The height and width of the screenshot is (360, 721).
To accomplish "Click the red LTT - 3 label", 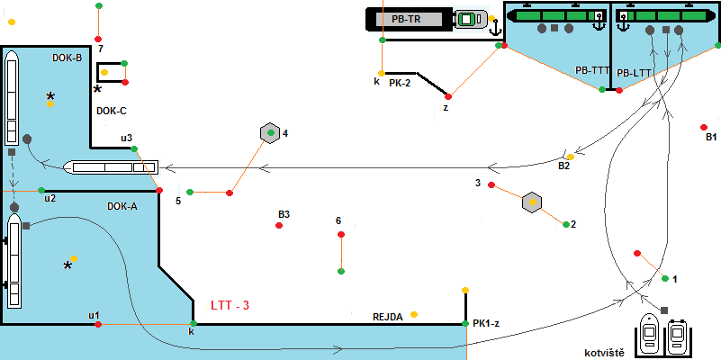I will [229, 306].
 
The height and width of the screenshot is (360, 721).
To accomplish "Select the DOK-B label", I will [68, 58].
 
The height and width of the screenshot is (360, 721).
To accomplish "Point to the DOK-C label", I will [111, 111].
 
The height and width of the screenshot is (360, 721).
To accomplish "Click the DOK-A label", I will [122, 206].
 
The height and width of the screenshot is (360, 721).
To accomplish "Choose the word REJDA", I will [388, 317].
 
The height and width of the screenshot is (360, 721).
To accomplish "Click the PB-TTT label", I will [591, 71].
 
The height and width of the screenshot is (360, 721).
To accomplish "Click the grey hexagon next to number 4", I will [268, 133].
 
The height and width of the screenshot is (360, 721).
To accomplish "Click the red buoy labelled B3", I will [280, 225].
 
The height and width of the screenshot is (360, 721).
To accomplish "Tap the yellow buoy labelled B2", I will [570, 157].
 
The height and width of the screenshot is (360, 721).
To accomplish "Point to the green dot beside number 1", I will [665, 279].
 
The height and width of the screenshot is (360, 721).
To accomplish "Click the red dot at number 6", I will [340, 235].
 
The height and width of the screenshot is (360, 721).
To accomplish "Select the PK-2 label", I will [400, 82].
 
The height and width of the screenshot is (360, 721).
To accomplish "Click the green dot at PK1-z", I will [464, 323].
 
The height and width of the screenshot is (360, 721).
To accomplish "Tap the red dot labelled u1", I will [98, 324].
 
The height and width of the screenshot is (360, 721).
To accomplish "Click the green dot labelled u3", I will [133, 148].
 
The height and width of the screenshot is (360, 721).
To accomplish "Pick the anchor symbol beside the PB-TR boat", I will [493, 27].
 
